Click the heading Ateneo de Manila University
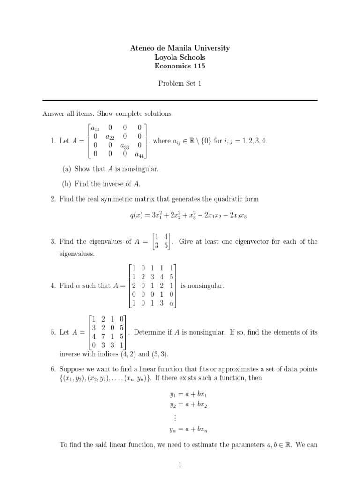tap(180, 48)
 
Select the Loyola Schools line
tap(180, 57)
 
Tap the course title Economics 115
tap(180, 66)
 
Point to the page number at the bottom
tap(180, 465)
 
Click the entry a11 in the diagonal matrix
tap(95, 128)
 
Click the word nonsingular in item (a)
tap(138, 169)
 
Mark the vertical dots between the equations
tap(174, 416)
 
